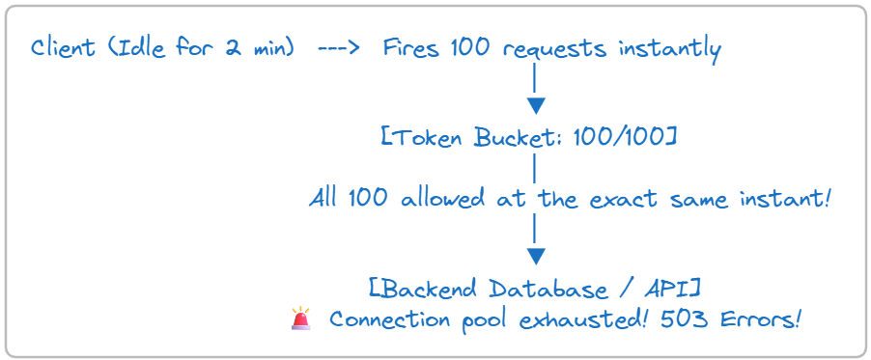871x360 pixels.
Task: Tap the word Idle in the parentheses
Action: click(x=139, y=48)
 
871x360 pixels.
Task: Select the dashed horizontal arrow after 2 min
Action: click(x=339, y=49)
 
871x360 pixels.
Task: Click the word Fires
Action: click(x=410, y=48)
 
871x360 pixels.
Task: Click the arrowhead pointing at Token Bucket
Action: click(x=536, y=105)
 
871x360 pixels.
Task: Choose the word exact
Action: click(x=626, y=199)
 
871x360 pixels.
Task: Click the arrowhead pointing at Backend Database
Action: click(x=536, y=256)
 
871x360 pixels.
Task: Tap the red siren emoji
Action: click(x=300, y=318)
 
